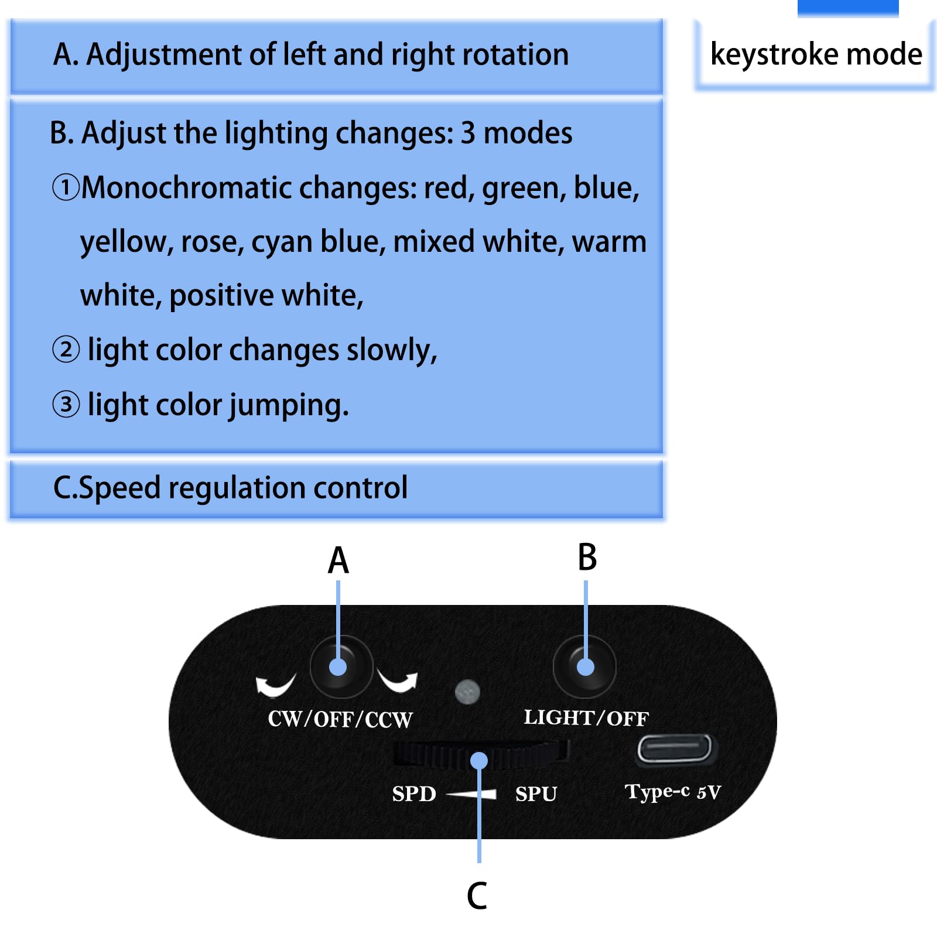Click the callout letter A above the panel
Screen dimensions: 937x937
click(338, 560)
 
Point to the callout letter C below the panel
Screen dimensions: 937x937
click(477, 895)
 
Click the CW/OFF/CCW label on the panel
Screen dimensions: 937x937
click(340, 719)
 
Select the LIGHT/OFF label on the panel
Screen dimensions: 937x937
click(586, 717)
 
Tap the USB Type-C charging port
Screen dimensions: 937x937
click(675, 749)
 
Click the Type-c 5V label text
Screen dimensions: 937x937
click(673, 792)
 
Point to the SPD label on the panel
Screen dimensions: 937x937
click(414, 794)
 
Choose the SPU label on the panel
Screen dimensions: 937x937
click(536, 794)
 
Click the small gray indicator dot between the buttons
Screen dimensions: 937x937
click(467, 692)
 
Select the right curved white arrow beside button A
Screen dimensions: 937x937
click(398, 681)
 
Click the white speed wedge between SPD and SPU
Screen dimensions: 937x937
click(471, 794)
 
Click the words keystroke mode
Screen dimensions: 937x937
click(816, 54)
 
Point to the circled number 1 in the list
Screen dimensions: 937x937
click(65, 187)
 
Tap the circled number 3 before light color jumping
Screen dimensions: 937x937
click(66, 404)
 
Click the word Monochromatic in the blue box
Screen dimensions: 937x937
click(187, 188)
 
